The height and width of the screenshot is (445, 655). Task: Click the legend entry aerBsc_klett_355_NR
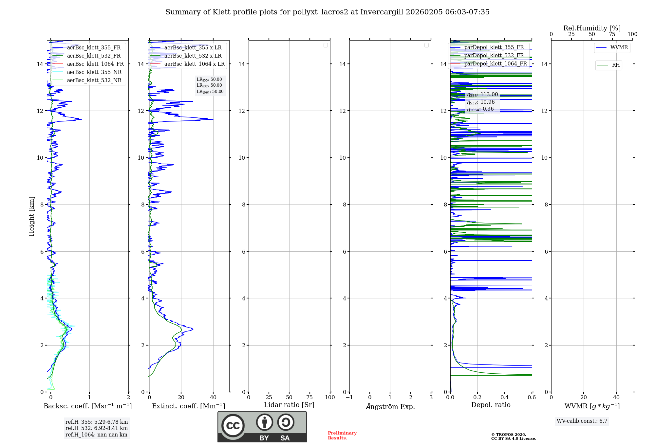94,72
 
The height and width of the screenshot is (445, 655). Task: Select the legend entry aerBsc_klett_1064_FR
95,64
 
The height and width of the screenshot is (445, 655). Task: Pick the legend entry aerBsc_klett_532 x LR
193,56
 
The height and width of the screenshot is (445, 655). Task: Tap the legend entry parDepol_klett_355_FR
494,47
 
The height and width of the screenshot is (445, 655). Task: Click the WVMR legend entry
619,47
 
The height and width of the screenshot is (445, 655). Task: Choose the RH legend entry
615,65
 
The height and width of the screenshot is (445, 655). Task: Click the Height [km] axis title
31,216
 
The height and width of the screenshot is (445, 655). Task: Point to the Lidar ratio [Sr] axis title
289,405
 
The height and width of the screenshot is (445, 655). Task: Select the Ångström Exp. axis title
390,406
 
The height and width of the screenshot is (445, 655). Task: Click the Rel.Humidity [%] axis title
592,28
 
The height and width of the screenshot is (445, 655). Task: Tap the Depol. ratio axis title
491,405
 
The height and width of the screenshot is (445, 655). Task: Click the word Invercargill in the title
382,12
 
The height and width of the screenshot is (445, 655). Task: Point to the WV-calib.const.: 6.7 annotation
582,421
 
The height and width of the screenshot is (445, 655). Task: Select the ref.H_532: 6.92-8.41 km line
96,428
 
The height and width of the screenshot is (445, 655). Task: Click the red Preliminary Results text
342,436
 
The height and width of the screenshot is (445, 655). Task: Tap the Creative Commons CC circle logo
233,426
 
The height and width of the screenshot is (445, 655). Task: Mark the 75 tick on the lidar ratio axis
309,397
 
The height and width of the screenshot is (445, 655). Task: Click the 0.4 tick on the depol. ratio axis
505,397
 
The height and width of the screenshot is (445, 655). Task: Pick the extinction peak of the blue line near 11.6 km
213,119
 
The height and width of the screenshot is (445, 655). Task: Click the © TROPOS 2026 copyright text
508,435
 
